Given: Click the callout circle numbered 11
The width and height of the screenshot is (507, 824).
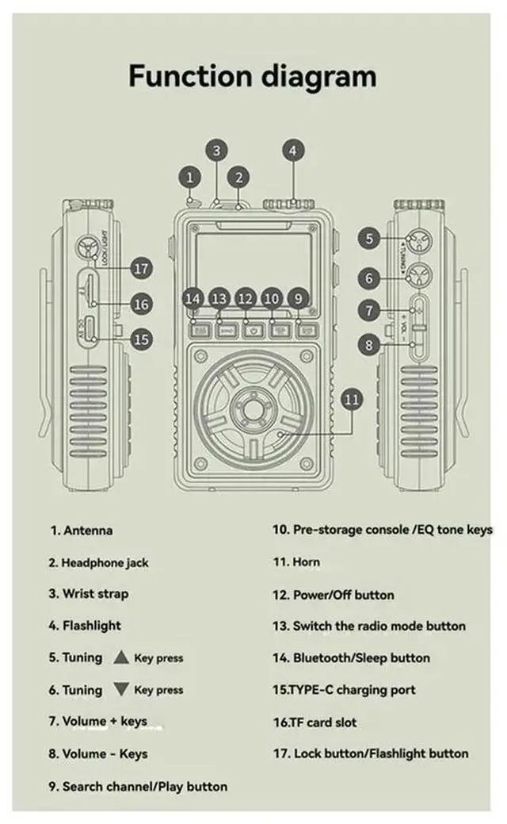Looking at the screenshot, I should (x=353, y=399).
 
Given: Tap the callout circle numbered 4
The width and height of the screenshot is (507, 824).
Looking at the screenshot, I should (x=293, y=150).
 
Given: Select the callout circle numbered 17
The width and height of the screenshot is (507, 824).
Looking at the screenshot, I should (x=141, y=269).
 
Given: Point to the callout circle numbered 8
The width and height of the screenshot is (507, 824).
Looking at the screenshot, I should (x=368, y=344).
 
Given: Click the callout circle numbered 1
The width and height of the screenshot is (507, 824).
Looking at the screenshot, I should (x=189, y=176).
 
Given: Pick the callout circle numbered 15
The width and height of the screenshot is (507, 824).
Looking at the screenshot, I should (x=141, y=339).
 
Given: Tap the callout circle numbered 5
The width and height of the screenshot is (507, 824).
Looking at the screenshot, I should (x=368, y=236).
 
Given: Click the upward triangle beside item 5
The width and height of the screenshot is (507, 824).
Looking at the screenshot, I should (x=120, y=657).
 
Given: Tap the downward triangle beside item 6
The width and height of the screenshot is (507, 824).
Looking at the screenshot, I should (x=120, y=689).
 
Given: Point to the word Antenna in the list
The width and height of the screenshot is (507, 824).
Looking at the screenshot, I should (x=87, y=531).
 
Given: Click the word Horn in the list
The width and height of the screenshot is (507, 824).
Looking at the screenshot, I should (x=307, y=562).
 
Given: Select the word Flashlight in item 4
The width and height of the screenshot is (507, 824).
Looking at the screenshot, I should (x=92, y=626).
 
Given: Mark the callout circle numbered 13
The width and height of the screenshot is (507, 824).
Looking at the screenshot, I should (x=219, y=298).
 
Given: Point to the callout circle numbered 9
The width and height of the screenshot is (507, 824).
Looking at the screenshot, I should (x=298, y=298).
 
